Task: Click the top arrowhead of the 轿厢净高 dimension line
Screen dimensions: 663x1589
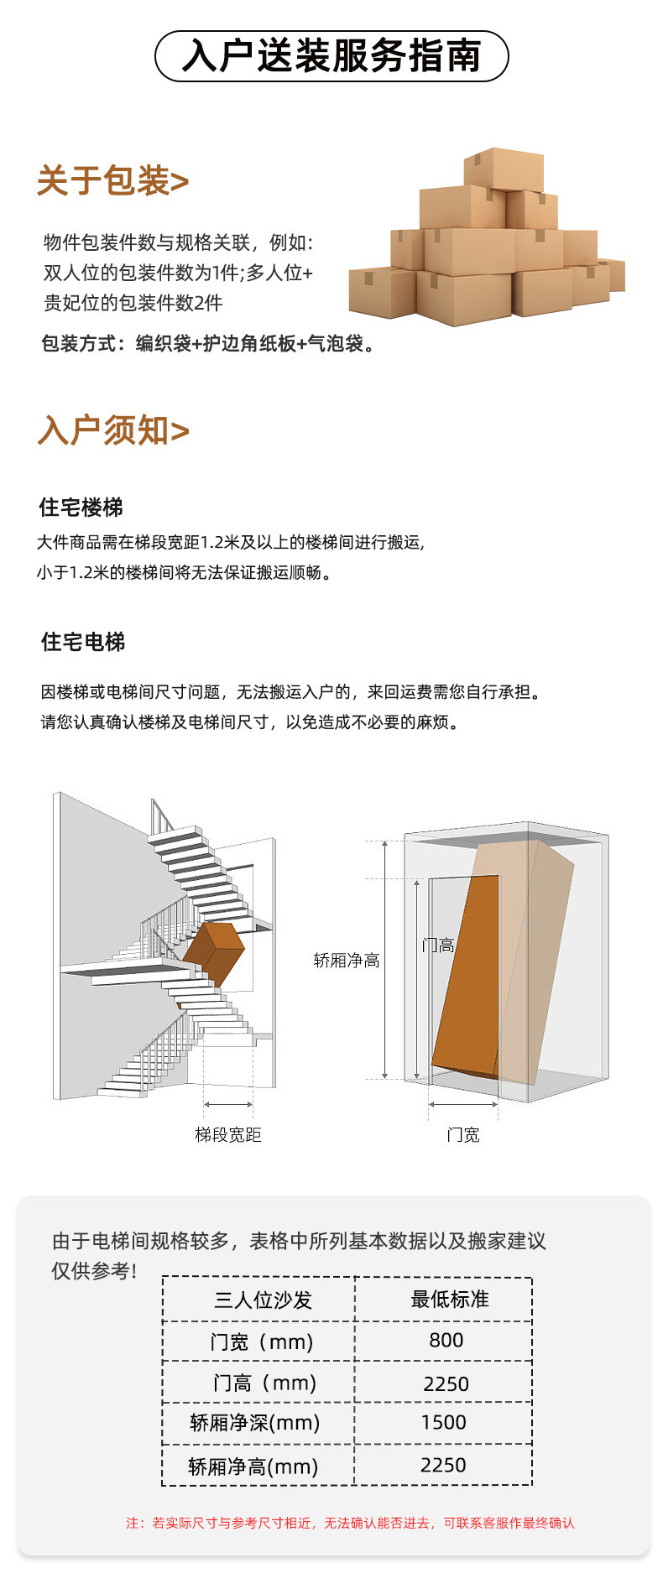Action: click(385, 844)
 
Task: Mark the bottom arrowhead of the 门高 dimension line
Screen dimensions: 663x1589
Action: click(416, 1076)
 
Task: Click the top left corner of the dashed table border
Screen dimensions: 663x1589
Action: click(163, 1278)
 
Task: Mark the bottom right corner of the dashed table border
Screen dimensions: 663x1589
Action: click(532, 1485)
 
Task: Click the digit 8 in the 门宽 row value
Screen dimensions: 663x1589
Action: click(435, 1340)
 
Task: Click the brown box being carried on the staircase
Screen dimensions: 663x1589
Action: click(213, 953)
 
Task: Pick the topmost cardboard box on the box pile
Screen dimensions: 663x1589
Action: click(504, 169)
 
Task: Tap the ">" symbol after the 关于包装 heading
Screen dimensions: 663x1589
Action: click(180, 181)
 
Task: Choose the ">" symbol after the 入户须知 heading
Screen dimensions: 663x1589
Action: click(180, 431)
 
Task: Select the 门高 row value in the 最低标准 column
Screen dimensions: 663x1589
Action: click(446, 1383)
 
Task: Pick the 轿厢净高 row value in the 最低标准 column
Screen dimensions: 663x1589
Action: click(443, 1465)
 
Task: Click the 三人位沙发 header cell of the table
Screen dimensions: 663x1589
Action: click(263, 1300)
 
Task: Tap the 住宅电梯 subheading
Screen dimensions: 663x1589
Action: click(83, 642)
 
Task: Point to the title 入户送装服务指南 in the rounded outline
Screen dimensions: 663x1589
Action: click(331, 56)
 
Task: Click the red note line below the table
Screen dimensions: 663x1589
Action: click(351, 1523)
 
